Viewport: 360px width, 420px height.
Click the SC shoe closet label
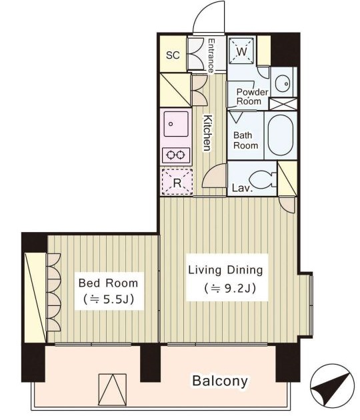pos(173,55)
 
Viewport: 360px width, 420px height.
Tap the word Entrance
pos(211,56)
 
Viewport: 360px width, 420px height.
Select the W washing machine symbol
pos(242,51)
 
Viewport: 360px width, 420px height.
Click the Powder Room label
pos(252,97)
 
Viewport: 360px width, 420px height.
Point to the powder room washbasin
pos(283,83)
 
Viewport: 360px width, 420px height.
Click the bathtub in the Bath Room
pos(281,135)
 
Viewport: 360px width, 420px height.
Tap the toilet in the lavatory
pos(263,178)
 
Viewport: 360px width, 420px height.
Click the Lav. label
pos(243,188)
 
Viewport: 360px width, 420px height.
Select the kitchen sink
pos(176,124)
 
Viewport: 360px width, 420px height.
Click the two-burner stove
pos(176,155)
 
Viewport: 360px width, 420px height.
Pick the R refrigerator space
pos(177,182)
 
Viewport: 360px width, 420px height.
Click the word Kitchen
pos(207,133)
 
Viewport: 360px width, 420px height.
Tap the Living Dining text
pos(225,270)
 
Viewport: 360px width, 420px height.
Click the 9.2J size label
pos(230,288)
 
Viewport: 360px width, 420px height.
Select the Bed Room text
pos(108,283)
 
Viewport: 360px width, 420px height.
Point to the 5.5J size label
pos(109,299)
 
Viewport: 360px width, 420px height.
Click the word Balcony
pos(220,381)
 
